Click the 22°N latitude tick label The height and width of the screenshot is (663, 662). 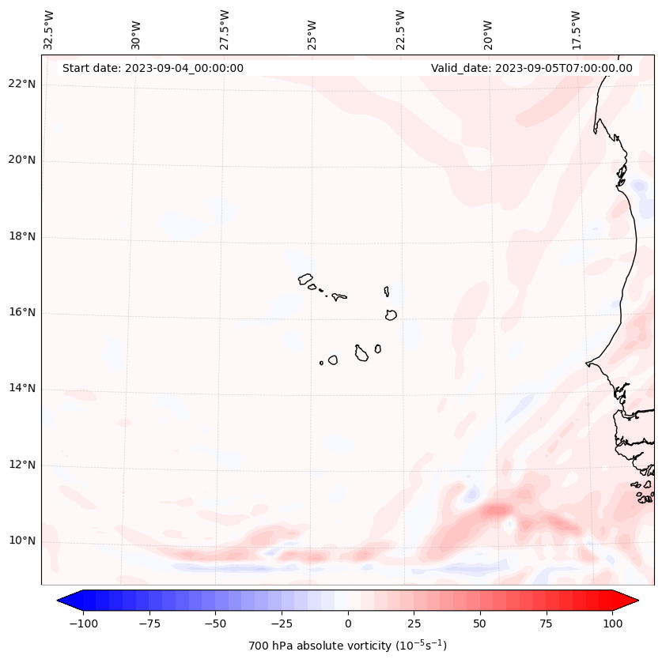point(22,84)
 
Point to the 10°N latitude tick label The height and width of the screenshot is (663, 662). point(22,541)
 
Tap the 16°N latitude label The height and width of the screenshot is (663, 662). point(22,313)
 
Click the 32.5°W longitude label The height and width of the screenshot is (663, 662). point(49,28)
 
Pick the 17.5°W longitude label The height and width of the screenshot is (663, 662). point(576,28)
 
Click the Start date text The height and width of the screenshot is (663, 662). point(153,68)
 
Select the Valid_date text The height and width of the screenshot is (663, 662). point(531,68)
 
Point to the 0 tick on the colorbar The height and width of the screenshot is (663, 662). point(347,623)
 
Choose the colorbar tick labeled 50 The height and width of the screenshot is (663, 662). point(479,623)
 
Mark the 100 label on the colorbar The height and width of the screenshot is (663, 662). point(613,623)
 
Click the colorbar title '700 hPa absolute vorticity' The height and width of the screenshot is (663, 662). point(347,646)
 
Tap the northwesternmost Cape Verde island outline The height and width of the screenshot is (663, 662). point(305,279)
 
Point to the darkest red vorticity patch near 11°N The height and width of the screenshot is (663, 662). point(497,510)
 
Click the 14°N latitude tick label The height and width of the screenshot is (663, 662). point(22,389)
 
